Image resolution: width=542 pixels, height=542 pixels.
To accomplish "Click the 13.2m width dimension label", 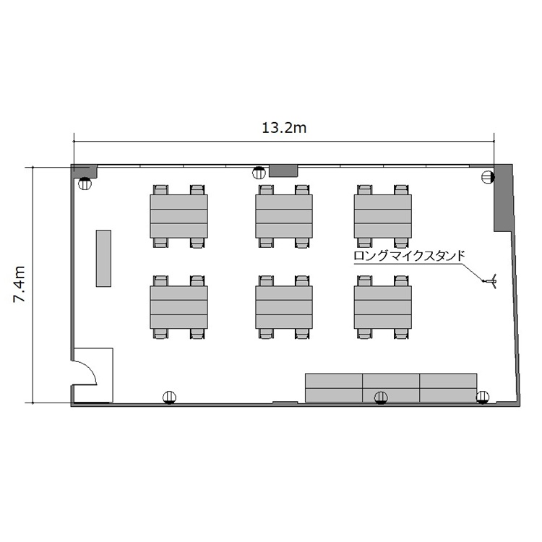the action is click(284, 128).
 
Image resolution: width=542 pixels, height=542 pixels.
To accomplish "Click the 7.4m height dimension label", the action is click(20, 285).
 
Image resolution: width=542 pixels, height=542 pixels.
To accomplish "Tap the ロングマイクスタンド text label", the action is click(409, 256).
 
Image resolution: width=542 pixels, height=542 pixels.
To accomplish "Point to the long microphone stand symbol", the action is click(491, 280).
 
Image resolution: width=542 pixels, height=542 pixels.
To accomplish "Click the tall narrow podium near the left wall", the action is click(103, 258).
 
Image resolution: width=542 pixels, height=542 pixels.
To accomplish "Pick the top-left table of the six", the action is click(178, 216).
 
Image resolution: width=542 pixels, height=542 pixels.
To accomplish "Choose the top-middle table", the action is click(284, 216).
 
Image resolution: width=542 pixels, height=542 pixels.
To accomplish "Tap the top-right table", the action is click(382, 216).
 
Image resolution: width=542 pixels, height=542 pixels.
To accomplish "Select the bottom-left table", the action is click(178, 307).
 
